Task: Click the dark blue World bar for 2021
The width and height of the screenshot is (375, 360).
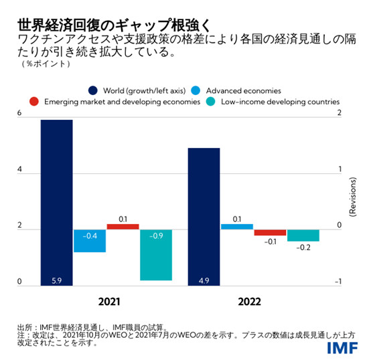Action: point(56,201)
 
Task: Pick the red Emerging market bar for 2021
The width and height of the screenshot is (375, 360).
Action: point(123,227)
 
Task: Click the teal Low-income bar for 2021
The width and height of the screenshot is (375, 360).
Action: point(156,254)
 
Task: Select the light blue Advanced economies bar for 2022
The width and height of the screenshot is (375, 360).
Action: point(237,227)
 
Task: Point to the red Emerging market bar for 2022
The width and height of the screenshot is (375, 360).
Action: point(270,232)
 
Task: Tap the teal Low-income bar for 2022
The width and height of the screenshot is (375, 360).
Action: point(303,235)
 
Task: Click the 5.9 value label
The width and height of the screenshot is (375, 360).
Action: point(56,280)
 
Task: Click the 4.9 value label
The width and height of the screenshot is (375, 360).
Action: point(204,280)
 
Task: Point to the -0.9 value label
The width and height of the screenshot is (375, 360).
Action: point(156,236)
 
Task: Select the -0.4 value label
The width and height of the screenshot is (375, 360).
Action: point(90,236)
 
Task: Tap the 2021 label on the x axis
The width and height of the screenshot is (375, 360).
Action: point(108,301)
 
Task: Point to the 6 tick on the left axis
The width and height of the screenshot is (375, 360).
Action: point(19,114)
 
